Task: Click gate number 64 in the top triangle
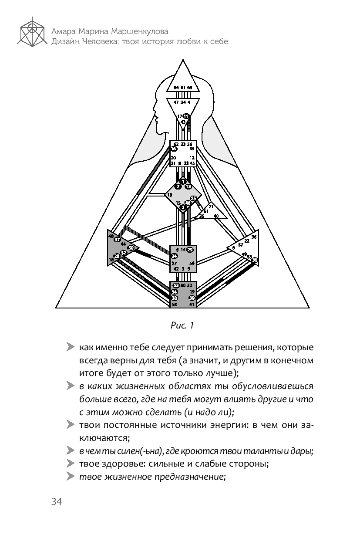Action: click(x=176, y=88)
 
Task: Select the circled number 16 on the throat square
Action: click(x=173, y=149)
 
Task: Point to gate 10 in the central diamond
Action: click(x=169, y=195)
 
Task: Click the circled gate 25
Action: click(x=194, y=198)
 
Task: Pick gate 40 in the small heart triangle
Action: click(x=216, y=216)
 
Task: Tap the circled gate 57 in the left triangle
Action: click(x=117, y=239)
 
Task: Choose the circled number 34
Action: click(x=174, y=256)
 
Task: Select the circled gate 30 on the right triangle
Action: click(x=255, y=260)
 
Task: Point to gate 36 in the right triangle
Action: click(x=254, y=237)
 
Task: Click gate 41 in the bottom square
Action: click(x=192, y=305)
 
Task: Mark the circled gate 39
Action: click(x=192, y=298)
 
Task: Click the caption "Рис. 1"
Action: click(x=182, y=325)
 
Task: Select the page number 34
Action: click(x=56, y=502)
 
